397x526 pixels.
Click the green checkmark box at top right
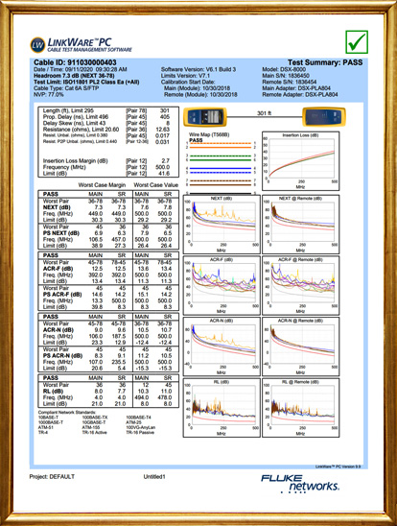358,42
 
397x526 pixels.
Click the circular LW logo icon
37,44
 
